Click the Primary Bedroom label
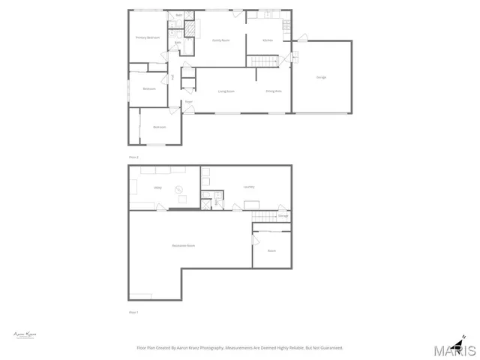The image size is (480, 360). [x=147, y=37]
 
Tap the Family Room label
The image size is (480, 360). [x=220, y=40]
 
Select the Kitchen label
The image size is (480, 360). [x=268, y=40]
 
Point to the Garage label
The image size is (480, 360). [x=321, y=77]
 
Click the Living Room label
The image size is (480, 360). [x=223, y=91]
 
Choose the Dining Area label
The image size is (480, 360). [x=273, y=91]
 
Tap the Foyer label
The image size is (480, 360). [x=189, y=101]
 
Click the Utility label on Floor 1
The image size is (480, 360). [x=158, y=187]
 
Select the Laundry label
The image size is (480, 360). [x=249, y=187]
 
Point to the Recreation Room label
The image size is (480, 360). [x=183, y=246]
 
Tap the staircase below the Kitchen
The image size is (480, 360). [x=263, y=61]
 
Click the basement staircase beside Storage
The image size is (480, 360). [x=263, y=217]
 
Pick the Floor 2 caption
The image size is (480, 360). [x=133, y=157]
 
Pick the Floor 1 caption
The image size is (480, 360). [x=133, y=312]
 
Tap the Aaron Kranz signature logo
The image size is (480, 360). [x=25, y=334]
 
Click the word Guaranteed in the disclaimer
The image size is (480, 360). [x=329, y=348]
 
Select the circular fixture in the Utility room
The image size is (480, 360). [x=178, y=189]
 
